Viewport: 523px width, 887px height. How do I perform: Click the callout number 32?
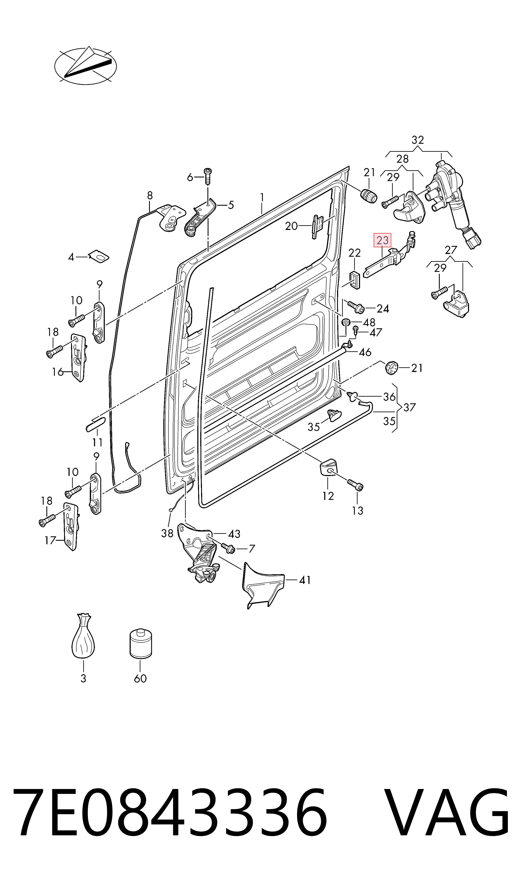418,140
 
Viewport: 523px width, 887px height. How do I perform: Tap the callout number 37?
410,407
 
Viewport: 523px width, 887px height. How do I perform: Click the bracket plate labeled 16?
79,358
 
